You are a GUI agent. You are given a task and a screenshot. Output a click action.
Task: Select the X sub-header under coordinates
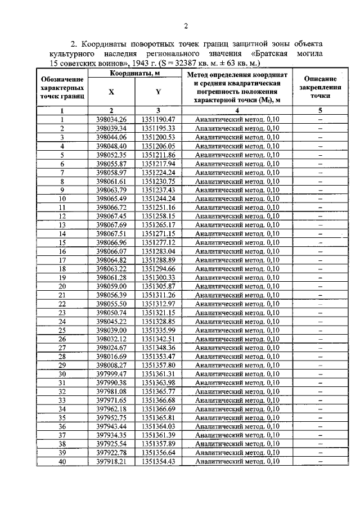pyautogui.click(x=111, y=92)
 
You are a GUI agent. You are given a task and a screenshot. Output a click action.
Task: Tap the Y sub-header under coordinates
pyautogui.click(x=159, y=92)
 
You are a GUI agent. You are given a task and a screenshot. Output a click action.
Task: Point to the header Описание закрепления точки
pyautogui.click(x=319, y=88)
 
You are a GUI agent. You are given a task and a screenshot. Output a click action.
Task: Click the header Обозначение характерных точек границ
pyautogui.click(x=62, y=88)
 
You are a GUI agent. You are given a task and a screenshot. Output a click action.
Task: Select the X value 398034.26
pyautogui.click(x=111, y=119)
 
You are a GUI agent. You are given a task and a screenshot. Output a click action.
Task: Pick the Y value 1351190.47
pyautogui.click(x=159, y=119)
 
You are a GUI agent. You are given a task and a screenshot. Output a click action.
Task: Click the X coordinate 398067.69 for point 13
pyautogui.click(x=111, y=225)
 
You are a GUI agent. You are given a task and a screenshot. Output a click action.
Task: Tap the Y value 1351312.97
pyautogui.click(x=159, y=304)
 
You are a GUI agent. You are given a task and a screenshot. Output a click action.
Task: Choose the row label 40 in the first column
pyautogui.click(x=62, y=462)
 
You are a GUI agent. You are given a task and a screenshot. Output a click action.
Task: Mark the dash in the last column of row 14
pyautogui.click(x=319, y=234)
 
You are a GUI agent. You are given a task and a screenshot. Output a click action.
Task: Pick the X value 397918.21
pyautogui.click(x=111, y=462)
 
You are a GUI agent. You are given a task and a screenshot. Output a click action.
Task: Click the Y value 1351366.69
pyautogui.click(x=159, y=409)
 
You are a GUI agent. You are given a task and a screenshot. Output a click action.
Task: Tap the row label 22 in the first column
pyautogui.click(x=62, y=304)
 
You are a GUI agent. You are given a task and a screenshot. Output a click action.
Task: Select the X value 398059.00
pyautogui.click(x=111, y=286)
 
